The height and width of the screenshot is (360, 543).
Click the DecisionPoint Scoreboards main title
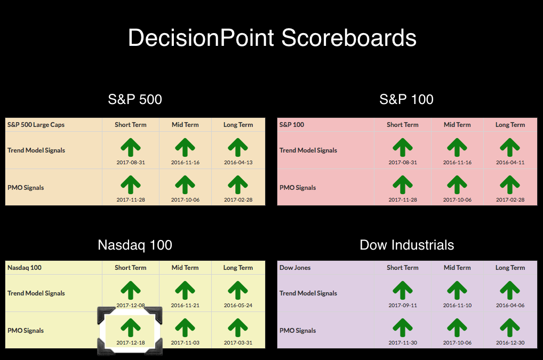272,38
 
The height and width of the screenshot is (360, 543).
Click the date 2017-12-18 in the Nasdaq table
131,343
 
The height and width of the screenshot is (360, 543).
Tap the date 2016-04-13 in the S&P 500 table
238,162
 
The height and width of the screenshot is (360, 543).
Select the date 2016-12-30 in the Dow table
510,343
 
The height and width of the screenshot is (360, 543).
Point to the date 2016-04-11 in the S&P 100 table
510,162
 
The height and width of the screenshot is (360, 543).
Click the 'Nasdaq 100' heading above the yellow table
135,245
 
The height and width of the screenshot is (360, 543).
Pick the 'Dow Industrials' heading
407,245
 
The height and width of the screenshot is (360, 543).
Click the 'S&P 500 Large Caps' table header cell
36,125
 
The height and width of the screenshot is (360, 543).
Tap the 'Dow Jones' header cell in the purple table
295,268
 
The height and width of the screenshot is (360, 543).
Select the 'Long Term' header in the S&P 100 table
510,125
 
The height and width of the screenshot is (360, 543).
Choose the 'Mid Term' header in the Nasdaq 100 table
185,268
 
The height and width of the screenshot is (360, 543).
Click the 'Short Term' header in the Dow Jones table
402,268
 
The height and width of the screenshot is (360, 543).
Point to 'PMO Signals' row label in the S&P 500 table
26,188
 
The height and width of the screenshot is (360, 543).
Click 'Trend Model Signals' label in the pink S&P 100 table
308,150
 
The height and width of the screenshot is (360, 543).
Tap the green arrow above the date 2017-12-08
131,291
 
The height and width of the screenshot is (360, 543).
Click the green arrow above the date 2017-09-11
402,291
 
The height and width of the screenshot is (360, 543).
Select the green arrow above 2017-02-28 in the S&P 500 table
238,185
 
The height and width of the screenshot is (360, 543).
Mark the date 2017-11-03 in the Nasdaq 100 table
185,343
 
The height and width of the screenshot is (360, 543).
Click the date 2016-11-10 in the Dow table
457,305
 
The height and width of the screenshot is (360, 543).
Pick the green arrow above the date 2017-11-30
402,328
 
